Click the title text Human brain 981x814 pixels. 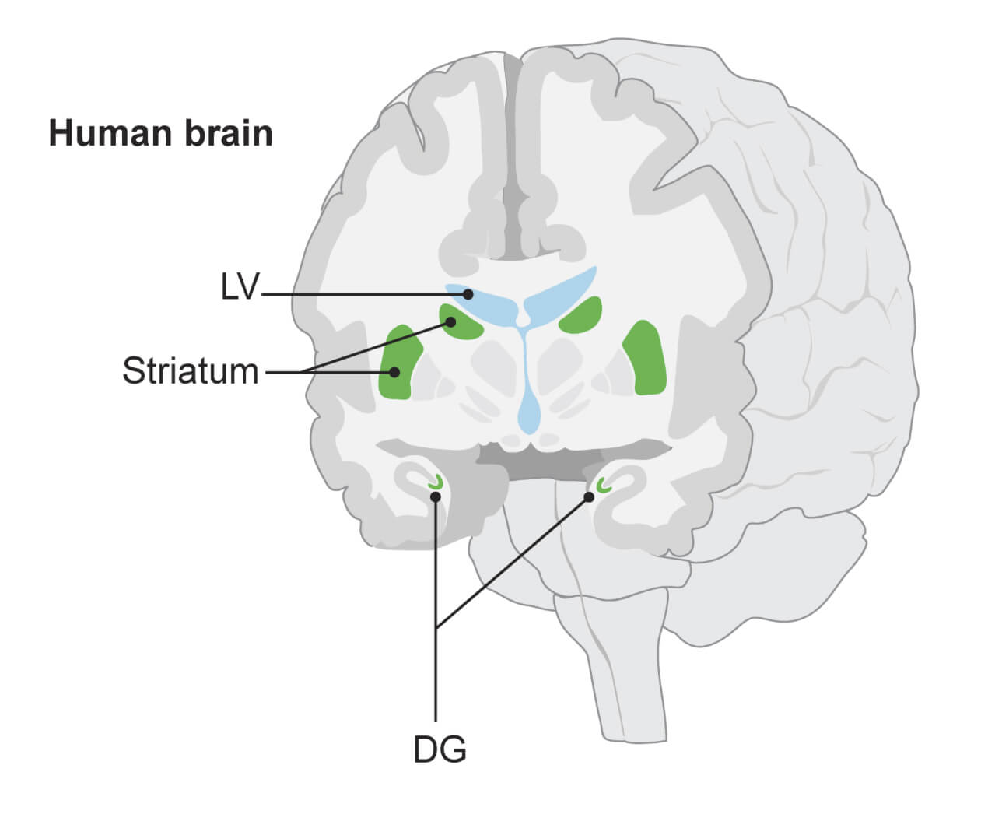[160, 133]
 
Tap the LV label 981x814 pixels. [239, 288]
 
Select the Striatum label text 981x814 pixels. [190, 371]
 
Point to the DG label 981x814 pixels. [440, 749]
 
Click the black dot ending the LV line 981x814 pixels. [468, 294]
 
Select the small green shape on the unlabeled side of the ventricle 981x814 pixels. [582, 315]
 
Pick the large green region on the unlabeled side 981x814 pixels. [644, 357]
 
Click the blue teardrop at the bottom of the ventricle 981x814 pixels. [530, 412]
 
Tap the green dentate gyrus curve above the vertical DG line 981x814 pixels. [436, 483]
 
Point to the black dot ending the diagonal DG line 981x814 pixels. [589, 496]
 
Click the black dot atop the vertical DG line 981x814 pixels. [436, 496]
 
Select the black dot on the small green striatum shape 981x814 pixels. [450, 321]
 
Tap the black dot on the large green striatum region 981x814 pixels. [394, 372]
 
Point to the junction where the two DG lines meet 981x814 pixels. [436, 627]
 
